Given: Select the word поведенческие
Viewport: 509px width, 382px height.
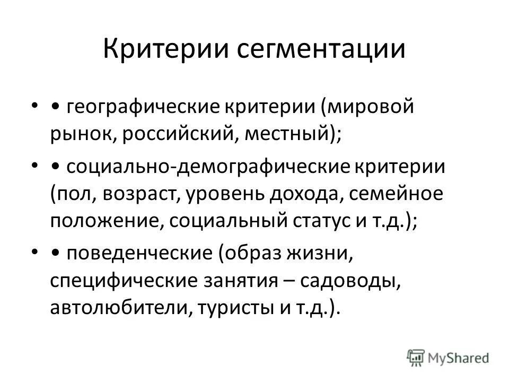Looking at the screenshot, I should pos(136,254).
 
